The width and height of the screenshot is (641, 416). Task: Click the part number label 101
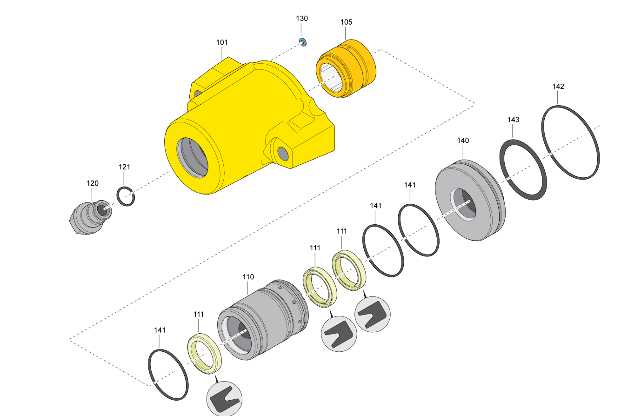[x=222, y=42]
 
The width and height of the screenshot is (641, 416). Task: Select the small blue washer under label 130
[x=302, y=43]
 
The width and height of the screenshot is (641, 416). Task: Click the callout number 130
[x=302, y=19]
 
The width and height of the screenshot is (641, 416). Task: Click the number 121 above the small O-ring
[x=124, y=167]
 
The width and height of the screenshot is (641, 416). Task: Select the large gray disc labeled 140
[x=467, y=200]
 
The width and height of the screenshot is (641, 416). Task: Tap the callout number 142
[x=558, y=87]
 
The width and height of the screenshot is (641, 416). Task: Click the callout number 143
[x=513, y=120]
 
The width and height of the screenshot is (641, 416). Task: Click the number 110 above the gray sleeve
[x=248, y=277]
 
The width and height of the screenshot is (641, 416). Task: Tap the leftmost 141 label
[x=160, y=330]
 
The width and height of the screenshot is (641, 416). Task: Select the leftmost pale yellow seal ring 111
[x=205, y=354]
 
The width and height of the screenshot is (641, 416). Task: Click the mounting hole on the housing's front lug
[x=282, y=152]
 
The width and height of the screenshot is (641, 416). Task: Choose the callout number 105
[x=346, y=22]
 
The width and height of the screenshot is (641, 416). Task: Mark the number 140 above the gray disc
[x=463, y=141]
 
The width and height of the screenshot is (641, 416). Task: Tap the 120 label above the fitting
[x=93, y=183]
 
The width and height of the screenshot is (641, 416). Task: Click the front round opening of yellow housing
[x=193, y=157]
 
